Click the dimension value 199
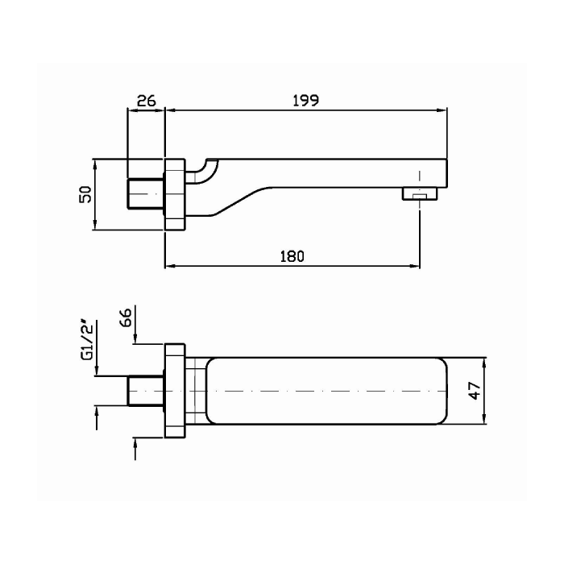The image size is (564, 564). pyautogui.click(x=307, y=101)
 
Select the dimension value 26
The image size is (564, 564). pyautogui.click(x=146, y=101)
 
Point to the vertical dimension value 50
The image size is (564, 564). pyautogui.click(x=85, y=194)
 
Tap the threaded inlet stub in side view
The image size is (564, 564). pyautogui.click(x=146, y=194)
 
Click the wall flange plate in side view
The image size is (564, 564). pyautogui.click(x=175, y=194)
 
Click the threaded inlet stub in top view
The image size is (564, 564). pyautogui.click(x=146, y=391)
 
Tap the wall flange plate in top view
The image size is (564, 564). pyautogui.click(x=175, y=391)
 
